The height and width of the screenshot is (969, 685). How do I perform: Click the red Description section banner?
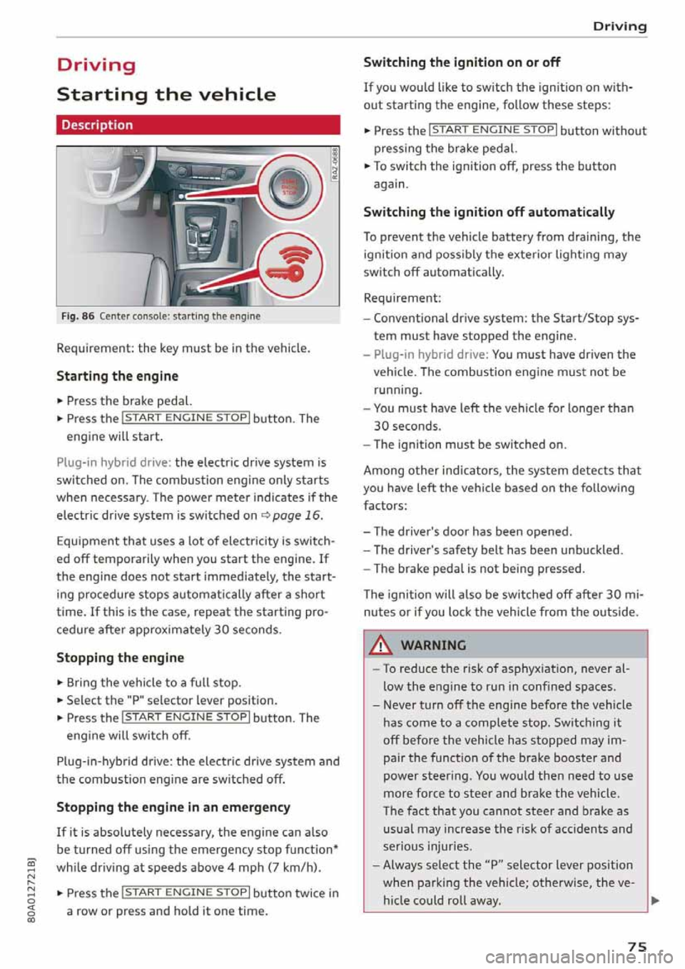198,125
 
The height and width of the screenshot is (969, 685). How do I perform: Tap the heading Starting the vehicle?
166,95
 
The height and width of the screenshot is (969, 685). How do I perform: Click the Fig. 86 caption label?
78,316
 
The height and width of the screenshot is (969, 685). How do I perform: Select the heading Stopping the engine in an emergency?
173,807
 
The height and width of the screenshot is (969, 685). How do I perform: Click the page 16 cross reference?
296,515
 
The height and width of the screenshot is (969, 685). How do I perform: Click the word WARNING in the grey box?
433,645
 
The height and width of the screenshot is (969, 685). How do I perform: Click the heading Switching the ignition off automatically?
489,212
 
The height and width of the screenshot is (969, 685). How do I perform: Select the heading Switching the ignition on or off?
462,62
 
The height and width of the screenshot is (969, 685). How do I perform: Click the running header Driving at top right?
619,26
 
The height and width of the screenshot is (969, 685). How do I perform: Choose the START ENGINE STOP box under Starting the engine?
186,418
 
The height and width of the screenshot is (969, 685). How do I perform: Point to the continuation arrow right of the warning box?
655,900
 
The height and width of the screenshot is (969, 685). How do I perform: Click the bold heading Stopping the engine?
120,657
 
